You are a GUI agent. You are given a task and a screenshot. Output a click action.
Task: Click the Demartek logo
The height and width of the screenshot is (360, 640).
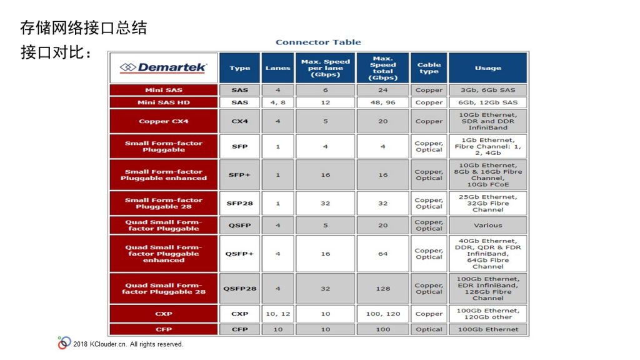[163, 67]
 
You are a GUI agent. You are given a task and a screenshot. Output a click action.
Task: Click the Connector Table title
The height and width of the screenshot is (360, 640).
[318, 42]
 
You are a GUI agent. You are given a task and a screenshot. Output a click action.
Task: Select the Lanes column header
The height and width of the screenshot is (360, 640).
[277, 67]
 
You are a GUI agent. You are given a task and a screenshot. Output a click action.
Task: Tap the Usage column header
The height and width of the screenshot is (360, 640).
[487, 67]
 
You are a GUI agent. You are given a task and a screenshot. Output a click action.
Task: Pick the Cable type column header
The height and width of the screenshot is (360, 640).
[429, 67]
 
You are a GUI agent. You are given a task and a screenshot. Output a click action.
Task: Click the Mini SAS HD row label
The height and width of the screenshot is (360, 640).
[164, 102]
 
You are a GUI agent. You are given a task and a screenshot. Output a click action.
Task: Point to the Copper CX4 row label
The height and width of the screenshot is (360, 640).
[164, 121]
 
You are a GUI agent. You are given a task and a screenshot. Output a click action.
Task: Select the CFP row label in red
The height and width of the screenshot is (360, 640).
[164, 329]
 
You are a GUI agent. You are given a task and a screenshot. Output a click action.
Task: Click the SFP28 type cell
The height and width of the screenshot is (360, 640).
[239, 203]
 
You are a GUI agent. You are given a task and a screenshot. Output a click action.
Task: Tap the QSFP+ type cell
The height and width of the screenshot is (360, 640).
[239, 254]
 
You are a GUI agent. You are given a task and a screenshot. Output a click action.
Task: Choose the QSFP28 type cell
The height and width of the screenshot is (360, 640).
[239, 289]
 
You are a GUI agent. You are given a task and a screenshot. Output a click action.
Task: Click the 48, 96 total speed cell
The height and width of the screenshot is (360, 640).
[383, 102]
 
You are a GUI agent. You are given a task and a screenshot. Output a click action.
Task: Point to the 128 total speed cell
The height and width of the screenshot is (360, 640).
[383, 289]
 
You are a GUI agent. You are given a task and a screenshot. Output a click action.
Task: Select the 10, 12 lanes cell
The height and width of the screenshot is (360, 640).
[277, 314]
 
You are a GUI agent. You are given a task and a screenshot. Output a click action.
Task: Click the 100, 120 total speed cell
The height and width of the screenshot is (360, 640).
[383, 314]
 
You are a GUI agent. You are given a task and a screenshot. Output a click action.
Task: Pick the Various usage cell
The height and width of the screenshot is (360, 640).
[487, 225]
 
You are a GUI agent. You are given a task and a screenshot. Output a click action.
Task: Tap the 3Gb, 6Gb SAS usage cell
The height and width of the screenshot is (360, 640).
[487, 90]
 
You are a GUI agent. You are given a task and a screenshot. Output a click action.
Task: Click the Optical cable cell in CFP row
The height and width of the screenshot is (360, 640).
[429, 329]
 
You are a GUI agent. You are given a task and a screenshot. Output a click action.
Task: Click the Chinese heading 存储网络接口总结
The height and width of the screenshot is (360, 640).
[84, 27]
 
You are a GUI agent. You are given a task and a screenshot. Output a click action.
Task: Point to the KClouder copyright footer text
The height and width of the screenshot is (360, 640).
[128, 344]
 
